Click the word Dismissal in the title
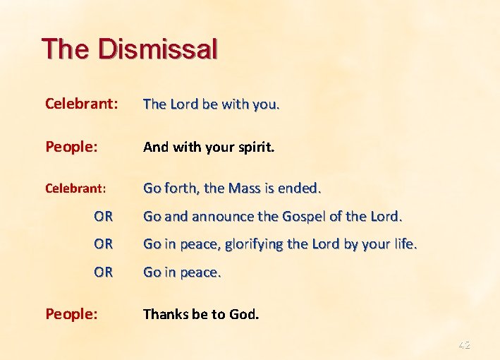click(159, 49)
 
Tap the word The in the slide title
click(66, 49)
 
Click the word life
click(404, 244)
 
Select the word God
click(244, 313)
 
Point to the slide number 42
click(463, 345)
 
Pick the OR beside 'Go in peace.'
click(103, 272)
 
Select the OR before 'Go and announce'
click(103, 216)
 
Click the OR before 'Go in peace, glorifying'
click(103, 244)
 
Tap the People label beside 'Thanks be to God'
click(71, 313)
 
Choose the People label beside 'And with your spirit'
click(71, 147)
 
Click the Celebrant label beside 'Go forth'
click(75, 188)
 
